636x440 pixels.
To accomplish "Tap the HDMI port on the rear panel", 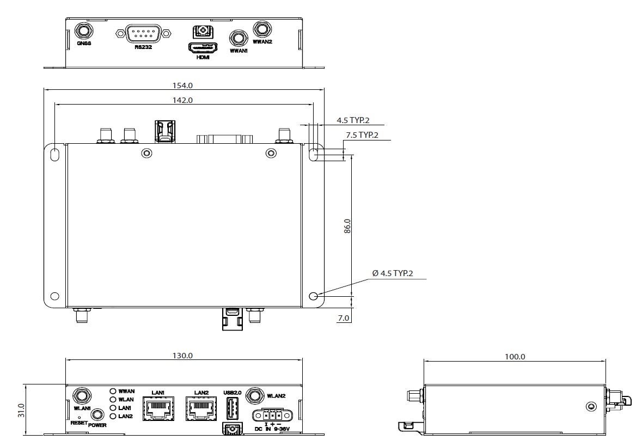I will [x=203, y=47].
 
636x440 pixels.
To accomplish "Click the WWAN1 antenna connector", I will [x=236, y=38].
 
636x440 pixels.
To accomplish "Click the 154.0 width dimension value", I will [x=183, y=85].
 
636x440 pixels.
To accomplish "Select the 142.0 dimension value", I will [x=183, y=100].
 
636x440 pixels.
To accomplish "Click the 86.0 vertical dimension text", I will [x=347, y=226].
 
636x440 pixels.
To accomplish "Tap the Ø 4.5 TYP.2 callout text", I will [x=393, y=273].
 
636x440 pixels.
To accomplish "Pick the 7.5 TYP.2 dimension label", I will [x=362, y=135].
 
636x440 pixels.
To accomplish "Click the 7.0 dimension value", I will [x=343, y=318].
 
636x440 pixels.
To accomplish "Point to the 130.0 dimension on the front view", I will [x=183, y=356].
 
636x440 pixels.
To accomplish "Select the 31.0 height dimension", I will [x=21, y=409].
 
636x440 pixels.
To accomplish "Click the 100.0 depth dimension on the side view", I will [x=515, y=357].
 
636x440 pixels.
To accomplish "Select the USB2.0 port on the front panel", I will [x=233, y=407].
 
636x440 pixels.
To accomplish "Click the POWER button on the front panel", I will [x=98, y=414].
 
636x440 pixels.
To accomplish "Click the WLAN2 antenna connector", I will [x=254, y=396].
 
